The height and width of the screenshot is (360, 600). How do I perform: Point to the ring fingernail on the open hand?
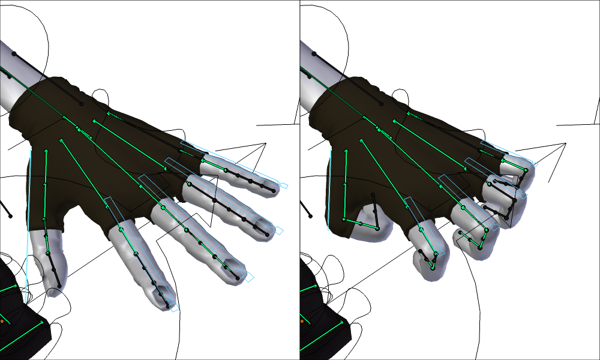click(x=264, y=226)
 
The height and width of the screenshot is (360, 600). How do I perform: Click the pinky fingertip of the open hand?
click(x=271, y=188)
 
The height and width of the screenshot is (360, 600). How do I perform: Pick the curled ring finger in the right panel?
click(x=507, y=204)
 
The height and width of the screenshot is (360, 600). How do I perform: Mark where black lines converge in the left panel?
click(x=265, y=143)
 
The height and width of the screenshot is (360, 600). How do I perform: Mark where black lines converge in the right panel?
click(x=565, y=143)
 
